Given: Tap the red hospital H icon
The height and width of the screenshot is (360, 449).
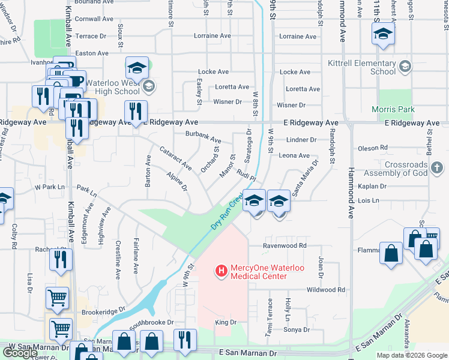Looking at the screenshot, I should click(221, 272).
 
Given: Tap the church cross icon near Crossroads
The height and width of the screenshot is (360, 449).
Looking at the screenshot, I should click(437, 168).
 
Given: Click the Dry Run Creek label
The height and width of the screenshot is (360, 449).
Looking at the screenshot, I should click(227, 211).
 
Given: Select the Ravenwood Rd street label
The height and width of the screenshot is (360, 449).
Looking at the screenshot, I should click(285, 245).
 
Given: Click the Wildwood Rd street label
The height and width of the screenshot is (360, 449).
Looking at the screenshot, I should click(325, 290).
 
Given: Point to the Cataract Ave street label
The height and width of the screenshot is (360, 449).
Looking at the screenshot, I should click(175, 157).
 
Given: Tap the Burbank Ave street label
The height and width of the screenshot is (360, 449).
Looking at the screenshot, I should click(203, 137).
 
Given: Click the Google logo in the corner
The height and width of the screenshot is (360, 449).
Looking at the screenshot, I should click(20, 353).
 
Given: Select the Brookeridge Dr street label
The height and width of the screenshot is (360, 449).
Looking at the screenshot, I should click(103, 310).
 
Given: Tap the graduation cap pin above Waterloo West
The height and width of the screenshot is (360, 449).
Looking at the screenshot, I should click(137, 67).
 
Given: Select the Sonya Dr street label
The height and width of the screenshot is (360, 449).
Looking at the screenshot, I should click(296, 329).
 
